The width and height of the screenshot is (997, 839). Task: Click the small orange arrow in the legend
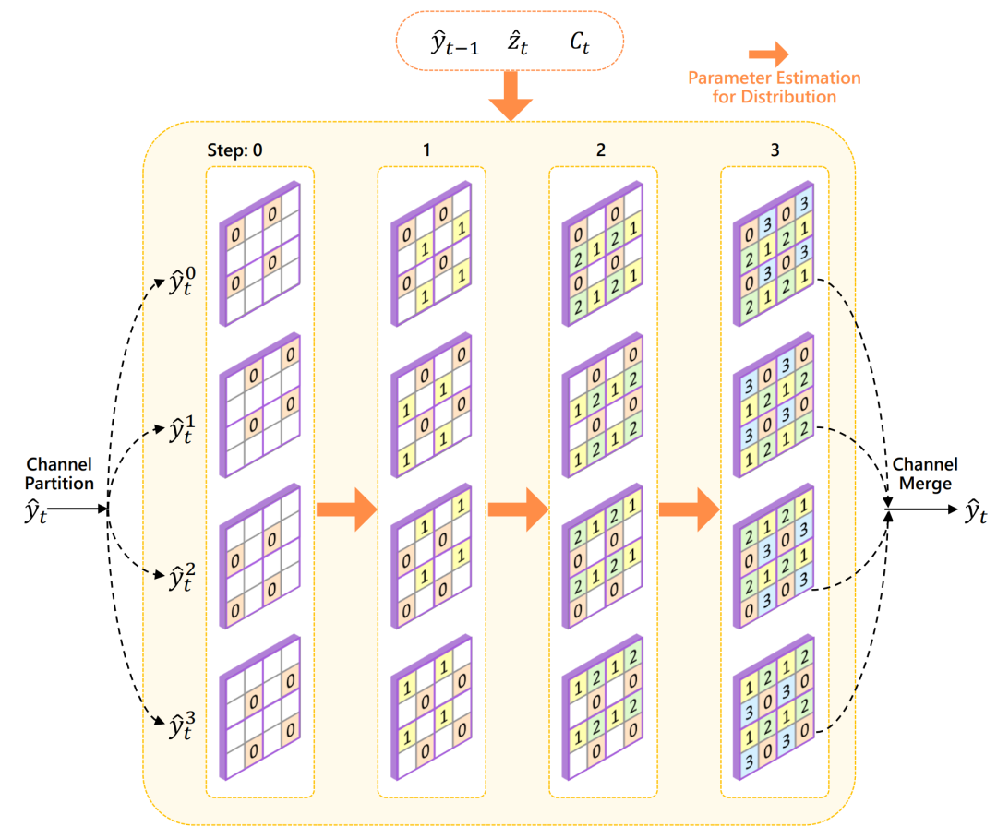tap(768, 54)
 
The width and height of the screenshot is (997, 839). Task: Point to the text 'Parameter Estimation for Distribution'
tap(774, 88)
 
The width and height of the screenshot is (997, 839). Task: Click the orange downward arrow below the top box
tap(510, 96)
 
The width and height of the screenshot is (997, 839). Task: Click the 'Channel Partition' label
tap(60, 473)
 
